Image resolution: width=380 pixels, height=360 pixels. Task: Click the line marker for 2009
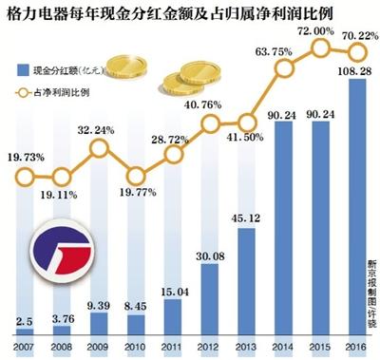pyautogui.click(x=99, y=149)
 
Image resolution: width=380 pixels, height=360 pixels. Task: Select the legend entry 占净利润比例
pyautogui.click(x=67, y=92)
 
